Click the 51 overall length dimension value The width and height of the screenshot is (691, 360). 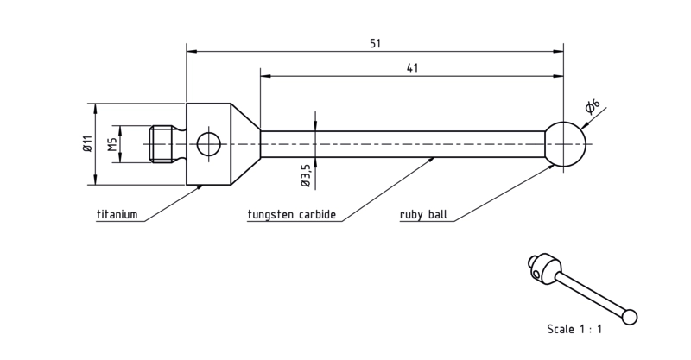point(375,44)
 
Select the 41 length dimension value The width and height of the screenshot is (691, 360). point(412,68)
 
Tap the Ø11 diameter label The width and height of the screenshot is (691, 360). point(87,143)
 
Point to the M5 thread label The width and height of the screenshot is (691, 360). point(113,144)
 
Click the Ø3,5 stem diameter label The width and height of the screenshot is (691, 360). point(307,174)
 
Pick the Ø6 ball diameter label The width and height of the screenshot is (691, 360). point(593,106)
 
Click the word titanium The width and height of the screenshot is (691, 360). point(117,215)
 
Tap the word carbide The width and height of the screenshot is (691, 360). point(317,215)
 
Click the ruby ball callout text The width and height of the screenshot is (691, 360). point(423,215)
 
